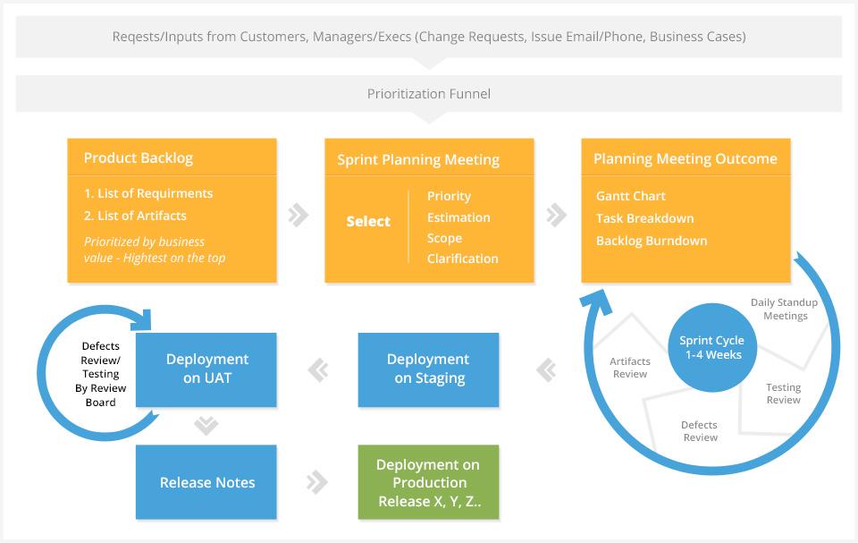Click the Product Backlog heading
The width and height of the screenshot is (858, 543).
(x=139, y=157)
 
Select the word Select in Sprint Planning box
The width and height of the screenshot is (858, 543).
(x=368, y=221)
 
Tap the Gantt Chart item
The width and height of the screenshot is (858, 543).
(x=630, y=196)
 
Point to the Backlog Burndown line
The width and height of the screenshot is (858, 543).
(x=652, y=241)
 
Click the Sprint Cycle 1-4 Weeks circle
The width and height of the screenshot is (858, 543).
(x=712, y=347)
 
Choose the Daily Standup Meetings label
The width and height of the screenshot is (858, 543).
(x=784, y=309)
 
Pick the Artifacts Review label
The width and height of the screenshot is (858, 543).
(x=630, y=368)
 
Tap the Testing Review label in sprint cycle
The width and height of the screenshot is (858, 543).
(x=783, y=394)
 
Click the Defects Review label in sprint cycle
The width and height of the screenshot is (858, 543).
(x=699, y=430)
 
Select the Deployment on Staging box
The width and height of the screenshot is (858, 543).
(x=428, y=369)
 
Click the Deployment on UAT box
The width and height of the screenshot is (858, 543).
(x=206, y=369)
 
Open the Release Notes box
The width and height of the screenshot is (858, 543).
(x=206, y=482)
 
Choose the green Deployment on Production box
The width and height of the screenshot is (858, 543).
(x=428, y=482)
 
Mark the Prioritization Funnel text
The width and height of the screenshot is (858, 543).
(x=428, y=94)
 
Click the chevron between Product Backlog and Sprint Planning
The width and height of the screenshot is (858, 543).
(x=299, y=215)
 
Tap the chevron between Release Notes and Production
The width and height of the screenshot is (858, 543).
(x=316, y=482)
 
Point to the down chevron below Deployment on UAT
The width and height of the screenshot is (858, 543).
(x=206, y=425)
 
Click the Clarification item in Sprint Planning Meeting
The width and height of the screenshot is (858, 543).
(x=462, y=259)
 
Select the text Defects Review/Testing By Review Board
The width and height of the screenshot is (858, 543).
(x=101, y=374)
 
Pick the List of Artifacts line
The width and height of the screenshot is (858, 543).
(x=135, y=216)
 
